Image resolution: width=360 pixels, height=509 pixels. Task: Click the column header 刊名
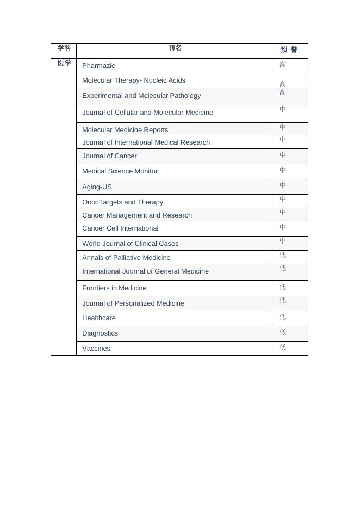pos(175,48)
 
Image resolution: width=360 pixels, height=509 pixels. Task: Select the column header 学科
pos(64,48)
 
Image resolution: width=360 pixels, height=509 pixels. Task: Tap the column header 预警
pos(289,49)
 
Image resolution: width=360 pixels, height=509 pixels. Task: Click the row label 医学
pos(64,63)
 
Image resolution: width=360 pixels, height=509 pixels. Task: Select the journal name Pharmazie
pos(99,66)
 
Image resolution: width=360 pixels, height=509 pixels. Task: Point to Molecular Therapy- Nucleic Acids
pos(134,80)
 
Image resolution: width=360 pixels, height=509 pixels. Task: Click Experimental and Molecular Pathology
pos(141,96)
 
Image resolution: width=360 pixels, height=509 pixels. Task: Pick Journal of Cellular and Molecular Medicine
pos(147,113)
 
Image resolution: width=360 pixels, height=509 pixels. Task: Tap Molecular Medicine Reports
pos(125,130)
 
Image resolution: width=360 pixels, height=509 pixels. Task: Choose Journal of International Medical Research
pos(146,142)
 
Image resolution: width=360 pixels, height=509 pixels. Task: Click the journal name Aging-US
pos(97,187)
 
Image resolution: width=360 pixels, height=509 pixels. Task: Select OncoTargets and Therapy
pos(122,202)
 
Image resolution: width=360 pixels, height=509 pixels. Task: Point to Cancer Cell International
pos(120,228)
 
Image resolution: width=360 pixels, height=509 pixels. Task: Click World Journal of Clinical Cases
pos(130,244)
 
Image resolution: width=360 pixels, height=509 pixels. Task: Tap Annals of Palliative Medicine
pos(126,258)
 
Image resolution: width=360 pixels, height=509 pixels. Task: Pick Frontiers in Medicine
pos(114,288)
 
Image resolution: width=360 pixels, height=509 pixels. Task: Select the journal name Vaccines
pos(96,349)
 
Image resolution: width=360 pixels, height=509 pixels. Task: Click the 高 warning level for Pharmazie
pos(283,65)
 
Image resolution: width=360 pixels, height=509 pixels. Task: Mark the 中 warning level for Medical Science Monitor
pos(283,170)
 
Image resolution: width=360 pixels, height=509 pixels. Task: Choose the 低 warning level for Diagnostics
pos(283,332)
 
